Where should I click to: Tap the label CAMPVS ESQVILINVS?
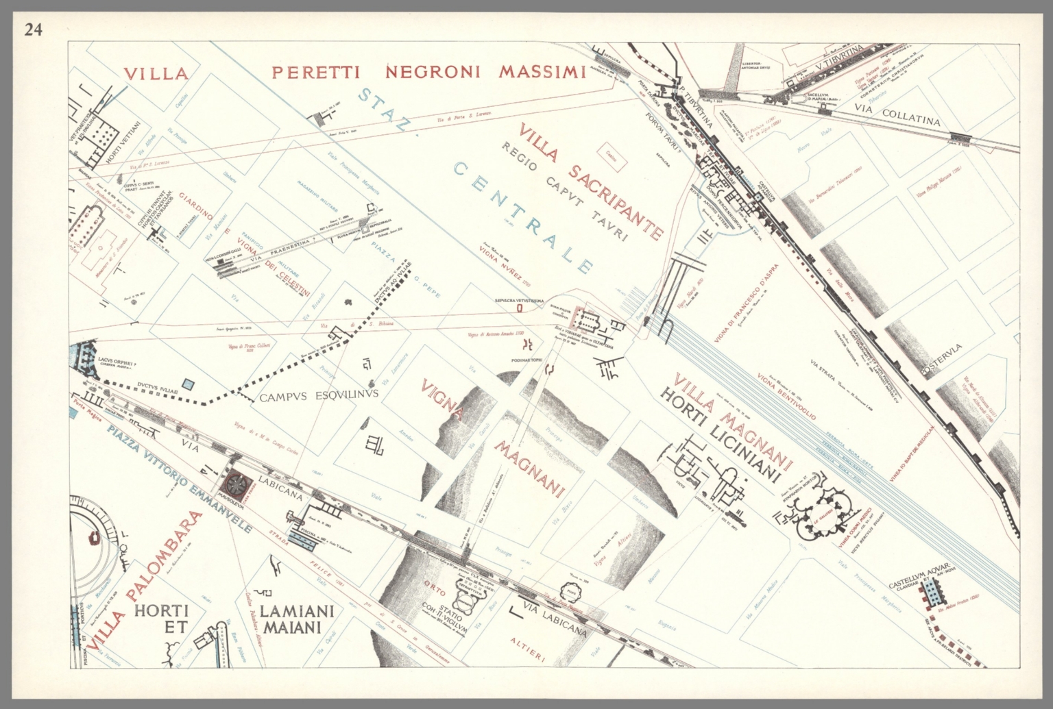[319, 396]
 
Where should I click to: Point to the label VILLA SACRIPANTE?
[591, 182]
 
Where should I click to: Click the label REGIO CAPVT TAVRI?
[564, 192]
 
